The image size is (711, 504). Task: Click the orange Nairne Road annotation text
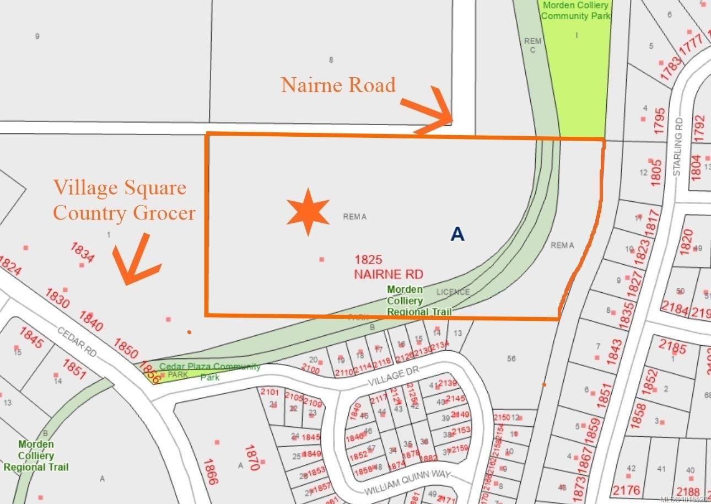[x=338, y=85]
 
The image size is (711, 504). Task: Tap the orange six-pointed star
[x=308, y=212]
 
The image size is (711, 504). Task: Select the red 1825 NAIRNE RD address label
[x=389, y=266]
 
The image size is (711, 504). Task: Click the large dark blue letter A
[x=457, y=234]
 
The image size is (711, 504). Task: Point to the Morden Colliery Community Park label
[x=576, y=10]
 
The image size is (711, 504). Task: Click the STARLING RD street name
[x=678, y=147]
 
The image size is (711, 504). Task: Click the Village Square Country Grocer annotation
[x=124, y=200]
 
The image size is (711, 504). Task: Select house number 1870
[x=252, y=458]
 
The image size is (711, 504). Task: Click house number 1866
[x=211, y=472]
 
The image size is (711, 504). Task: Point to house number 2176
[x=627, y=490]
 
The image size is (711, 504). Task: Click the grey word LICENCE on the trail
[x=453, y=292]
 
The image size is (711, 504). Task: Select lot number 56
[x=511, y=358]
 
